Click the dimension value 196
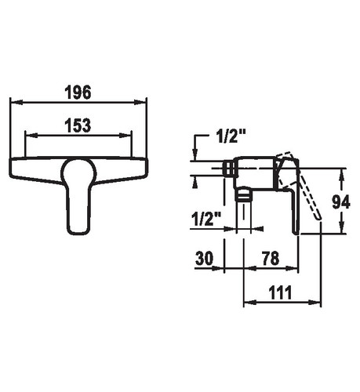[78, 93]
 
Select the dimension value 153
[78, 125]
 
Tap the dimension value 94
[341, 202]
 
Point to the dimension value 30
[204, 258]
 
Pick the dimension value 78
[271, 258]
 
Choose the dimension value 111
[280, 292]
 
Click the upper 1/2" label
[231, 136]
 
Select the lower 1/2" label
[206, 219]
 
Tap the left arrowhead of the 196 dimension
[16, 102]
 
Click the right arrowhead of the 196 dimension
[140, 102]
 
